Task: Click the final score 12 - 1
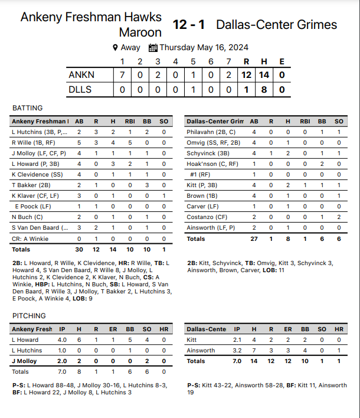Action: [189, 25]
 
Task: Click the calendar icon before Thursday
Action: [153, 48]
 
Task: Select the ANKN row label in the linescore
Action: [81, 75]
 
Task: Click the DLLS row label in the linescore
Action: [81, 89]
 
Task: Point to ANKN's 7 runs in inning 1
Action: [122, 75]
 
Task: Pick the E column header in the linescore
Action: [282, 61]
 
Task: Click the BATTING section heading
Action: [28, 108]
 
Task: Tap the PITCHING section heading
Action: [29, 316]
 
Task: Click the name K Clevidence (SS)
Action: [37, 175]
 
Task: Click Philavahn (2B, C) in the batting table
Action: [211, 132]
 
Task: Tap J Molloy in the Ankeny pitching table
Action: [25, 361]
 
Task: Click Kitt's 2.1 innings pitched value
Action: [237, 340]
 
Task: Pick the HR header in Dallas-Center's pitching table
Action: [339, 329]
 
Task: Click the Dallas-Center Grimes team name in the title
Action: [277, 25]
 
